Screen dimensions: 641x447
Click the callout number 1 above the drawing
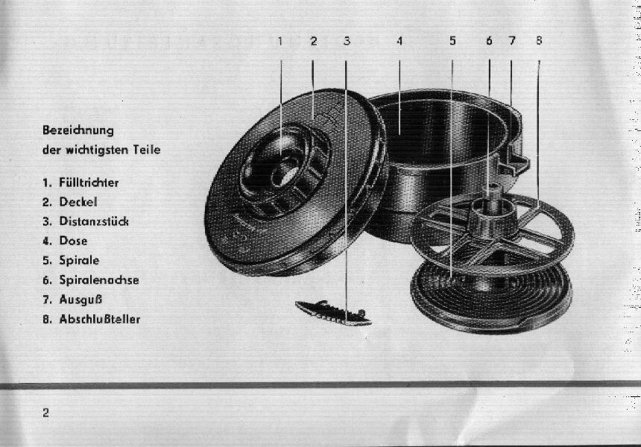point(280,41)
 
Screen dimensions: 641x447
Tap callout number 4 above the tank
point(400,41)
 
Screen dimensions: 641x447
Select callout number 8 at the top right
point(539,40)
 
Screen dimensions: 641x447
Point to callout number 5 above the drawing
point(452,41)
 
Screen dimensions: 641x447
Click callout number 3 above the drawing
point(347,41)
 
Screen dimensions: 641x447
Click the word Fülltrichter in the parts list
point(89,183)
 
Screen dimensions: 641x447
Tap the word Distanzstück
point(94,221)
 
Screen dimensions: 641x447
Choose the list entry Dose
point(73,241)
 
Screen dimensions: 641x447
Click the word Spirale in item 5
point(79,261)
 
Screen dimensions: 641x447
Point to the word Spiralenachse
point(99,280)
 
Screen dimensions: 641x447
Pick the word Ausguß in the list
point(80,299)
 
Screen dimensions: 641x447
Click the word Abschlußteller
point(100,319)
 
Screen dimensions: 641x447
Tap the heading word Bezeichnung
point(78,131)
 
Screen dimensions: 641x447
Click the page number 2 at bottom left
point(45,413)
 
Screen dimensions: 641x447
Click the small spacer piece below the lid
point(333,313)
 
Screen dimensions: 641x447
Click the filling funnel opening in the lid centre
point(283,170)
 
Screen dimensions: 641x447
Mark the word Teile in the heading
point(146,150)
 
